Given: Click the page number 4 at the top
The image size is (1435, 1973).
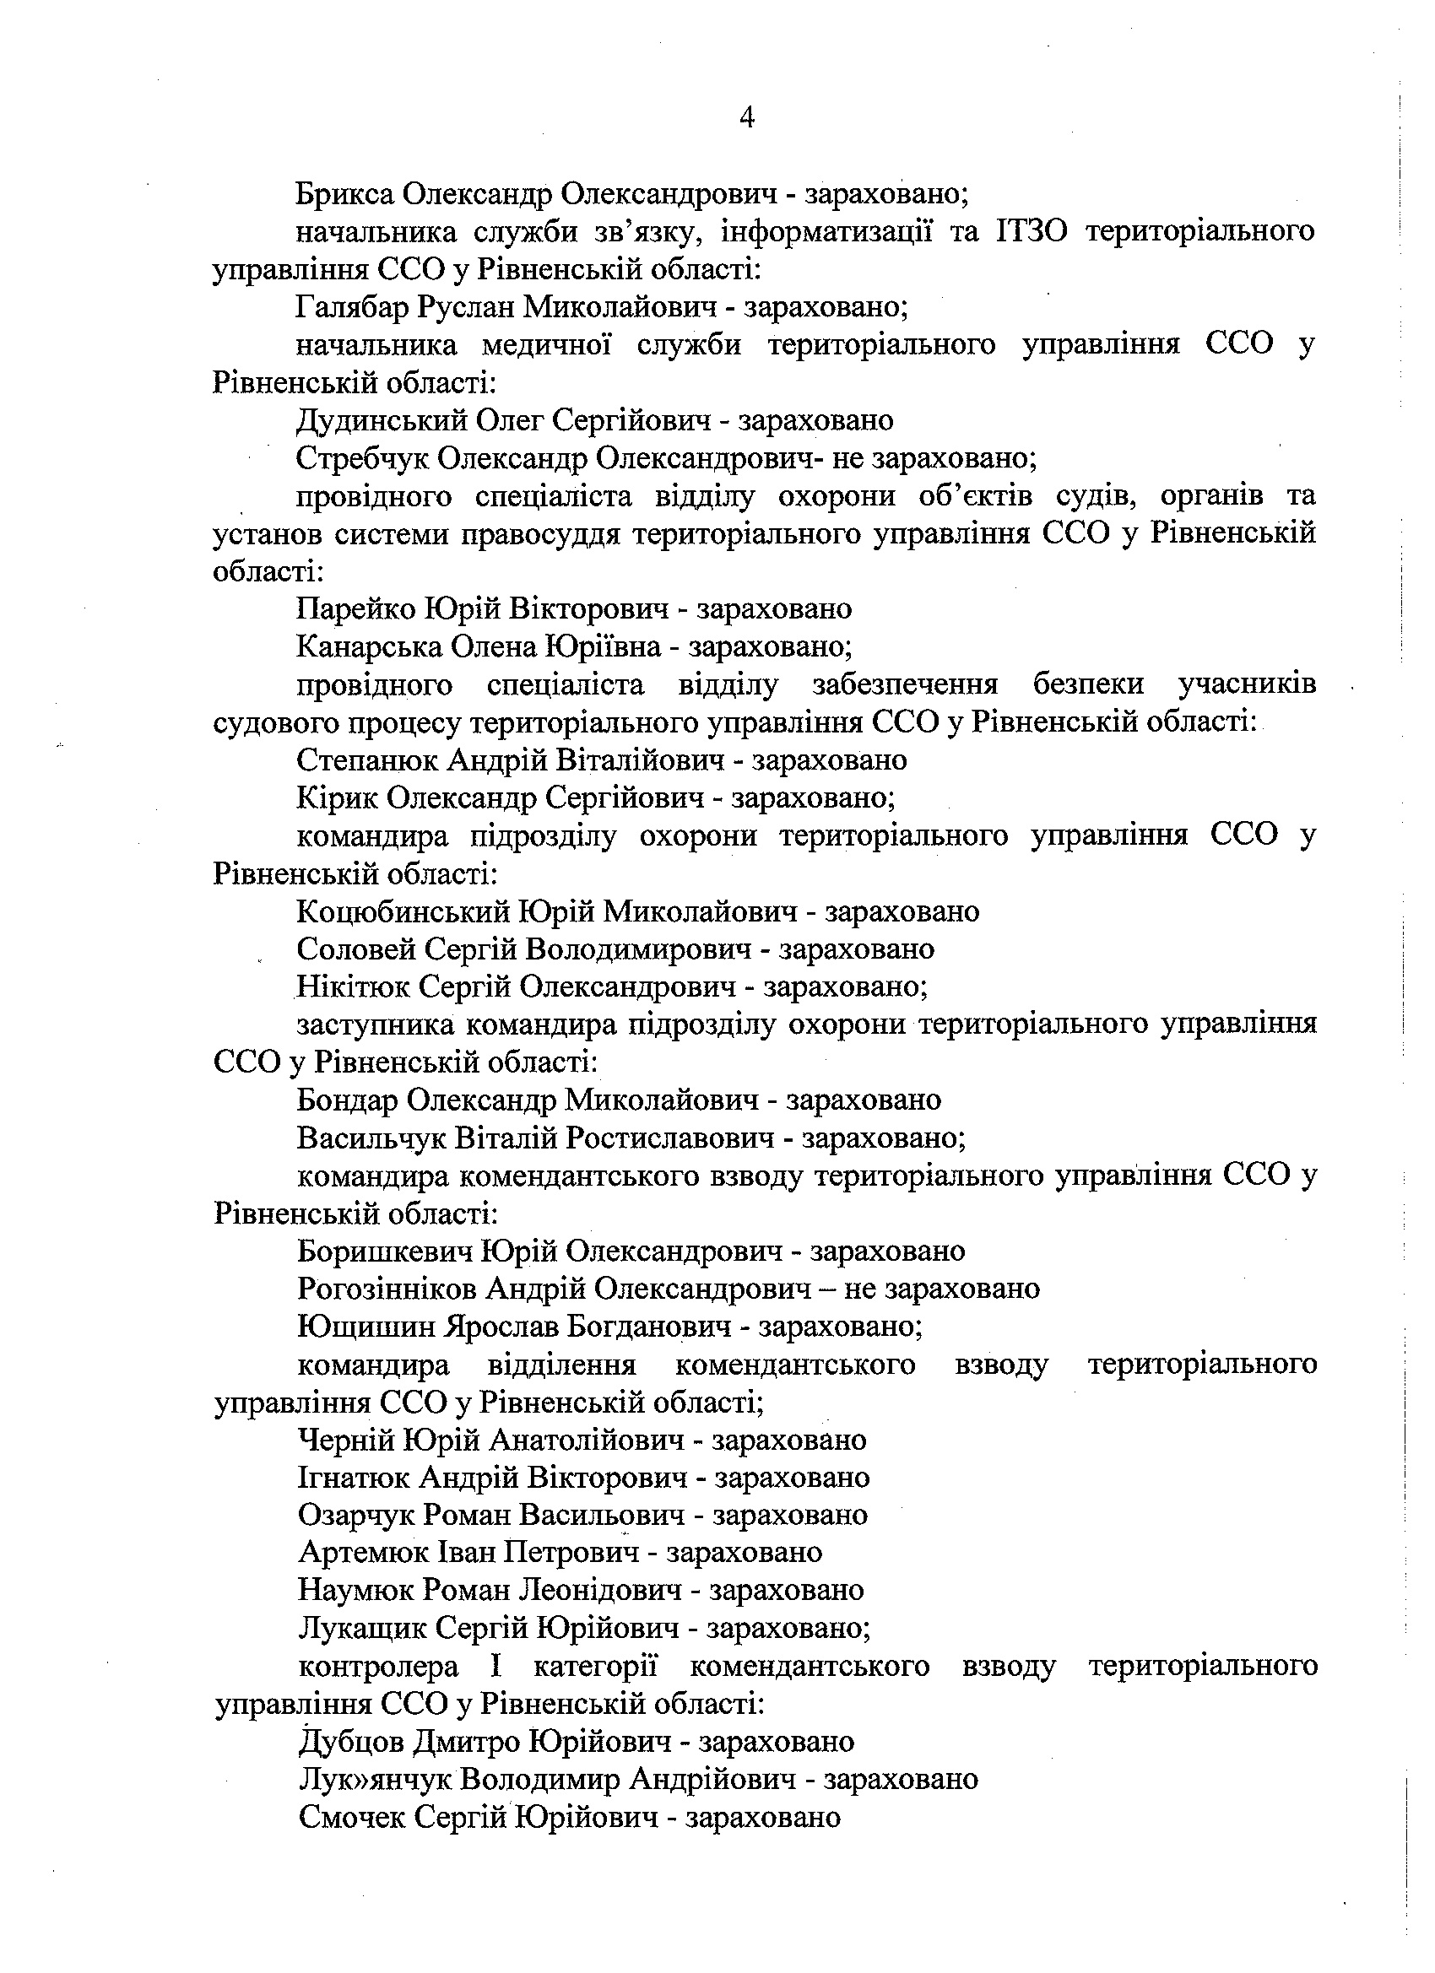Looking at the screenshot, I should (x=746, y=117).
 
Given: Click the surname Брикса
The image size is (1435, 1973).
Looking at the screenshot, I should (x=346, y=193).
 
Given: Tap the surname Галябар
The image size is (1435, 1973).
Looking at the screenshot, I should (x=353, y=307).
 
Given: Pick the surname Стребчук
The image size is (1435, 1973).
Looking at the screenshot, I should (x=361, y=458).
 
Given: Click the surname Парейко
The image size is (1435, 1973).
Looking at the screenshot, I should (x=355, y=609).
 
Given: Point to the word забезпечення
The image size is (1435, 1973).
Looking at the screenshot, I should (x=904, y=685).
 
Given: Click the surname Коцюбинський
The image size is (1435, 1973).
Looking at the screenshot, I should (x=402, y=911).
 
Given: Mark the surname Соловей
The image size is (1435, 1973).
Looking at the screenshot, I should (x=350, y=949).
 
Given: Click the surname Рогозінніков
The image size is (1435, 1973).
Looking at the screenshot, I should (x=387, y=1289).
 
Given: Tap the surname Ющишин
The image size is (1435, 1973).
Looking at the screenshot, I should (x=365, y=1327).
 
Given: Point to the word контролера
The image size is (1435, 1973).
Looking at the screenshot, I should (x=377, y=1667).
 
